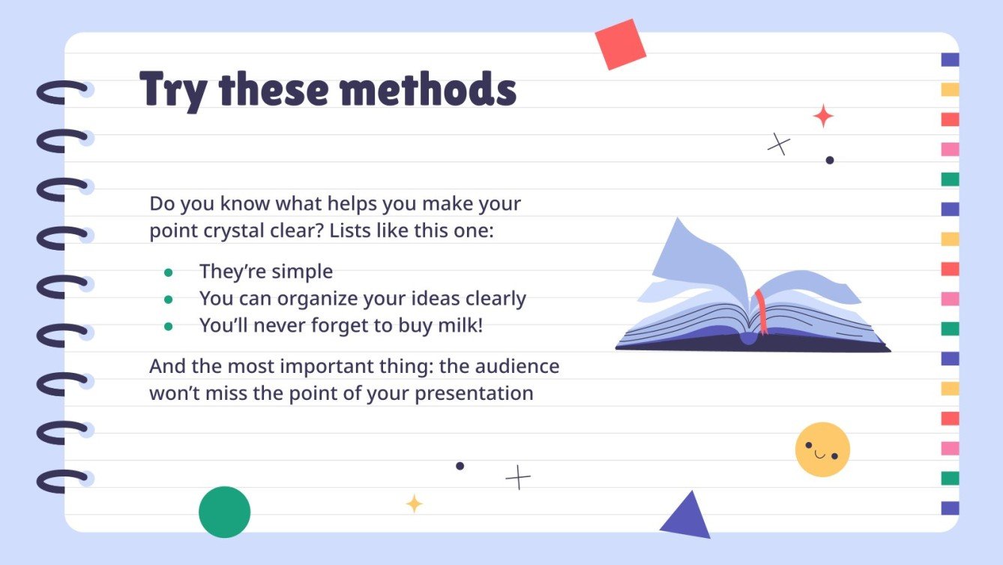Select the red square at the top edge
(620, 44)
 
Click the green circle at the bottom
(224, 512)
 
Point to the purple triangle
(687, 516)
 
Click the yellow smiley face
(822, 449)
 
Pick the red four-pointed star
(823, 116)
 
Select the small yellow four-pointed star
(414, 503)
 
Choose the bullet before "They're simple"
(169, 272)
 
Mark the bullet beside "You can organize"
(169, 299)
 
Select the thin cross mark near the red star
(779, 144)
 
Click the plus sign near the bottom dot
(517, 477)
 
